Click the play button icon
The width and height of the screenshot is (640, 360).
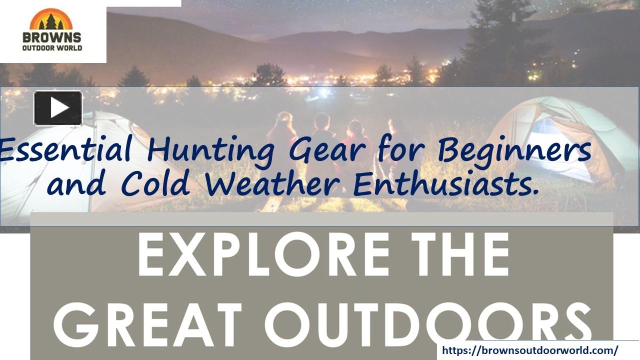coord(58,108)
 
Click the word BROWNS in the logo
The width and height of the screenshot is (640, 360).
coord(52,37)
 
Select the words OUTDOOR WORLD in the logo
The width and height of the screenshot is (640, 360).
coord(52,48)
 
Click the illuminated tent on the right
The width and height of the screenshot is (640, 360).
coord(560,137)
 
